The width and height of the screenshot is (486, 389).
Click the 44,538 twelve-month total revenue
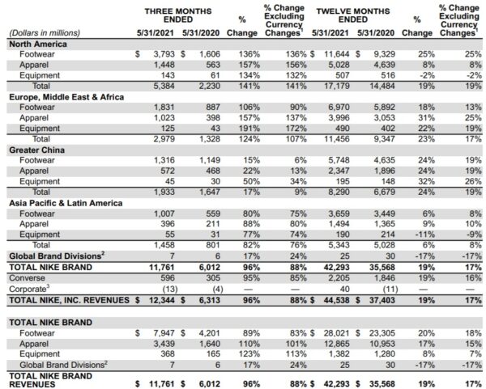click(x=333, y=300)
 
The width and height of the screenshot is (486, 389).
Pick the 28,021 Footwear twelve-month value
click(x=333, y=332)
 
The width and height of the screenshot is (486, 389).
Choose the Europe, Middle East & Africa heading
click(x=66, y=97)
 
